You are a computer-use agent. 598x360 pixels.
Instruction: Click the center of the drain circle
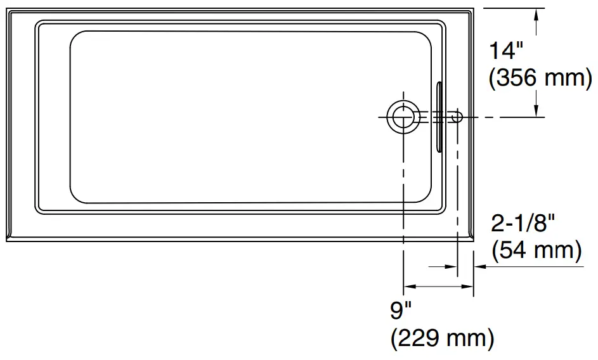tap(402, 117)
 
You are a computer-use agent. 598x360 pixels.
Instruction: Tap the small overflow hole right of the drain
tap(456, 117)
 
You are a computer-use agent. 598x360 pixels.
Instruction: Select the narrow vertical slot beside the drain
tap(439, 117)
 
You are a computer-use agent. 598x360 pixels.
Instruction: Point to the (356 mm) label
tap(540, 79)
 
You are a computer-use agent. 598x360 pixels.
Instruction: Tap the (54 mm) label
tap(536, 250)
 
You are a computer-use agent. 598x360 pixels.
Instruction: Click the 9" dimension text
tap(401, 311)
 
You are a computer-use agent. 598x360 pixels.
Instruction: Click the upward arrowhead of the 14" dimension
tap(537, 14)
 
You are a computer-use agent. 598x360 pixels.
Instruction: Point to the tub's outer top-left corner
tap(8, 9)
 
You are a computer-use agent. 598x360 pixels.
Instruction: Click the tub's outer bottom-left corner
tap(8, 241)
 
